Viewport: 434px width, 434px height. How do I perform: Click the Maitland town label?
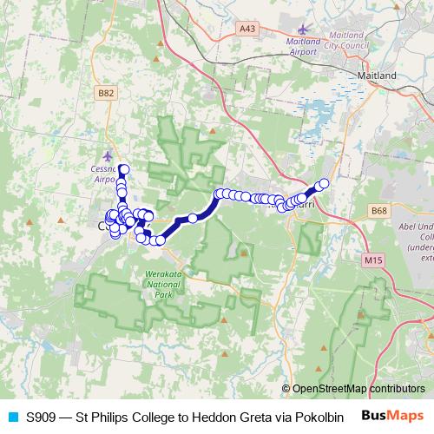(377, 76)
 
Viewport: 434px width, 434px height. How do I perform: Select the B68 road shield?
(378, 211)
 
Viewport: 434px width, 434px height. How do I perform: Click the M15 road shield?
(374, 260)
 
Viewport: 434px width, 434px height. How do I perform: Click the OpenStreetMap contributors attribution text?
(358, 389)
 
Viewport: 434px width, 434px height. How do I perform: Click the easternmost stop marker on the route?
(324, 183)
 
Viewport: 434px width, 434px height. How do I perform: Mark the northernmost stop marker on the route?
(124, 170)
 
